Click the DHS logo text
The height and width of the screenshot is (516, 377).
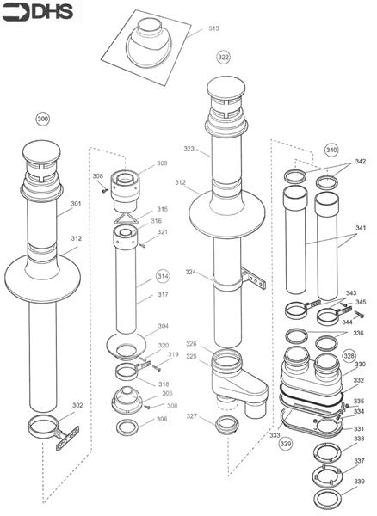[x=32, y=11]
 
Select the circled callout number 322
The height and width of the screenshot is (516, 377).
[x=223, y=57]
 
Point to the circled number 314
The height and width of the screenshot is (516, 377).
[x=162, y=276]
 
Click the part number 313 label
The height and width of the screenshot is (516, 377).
[x=213, y=28]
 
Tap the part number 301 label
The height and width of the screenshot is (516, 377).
[x=76, y=204]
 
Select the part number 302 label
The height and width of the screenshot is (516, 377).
[x=77, y=405]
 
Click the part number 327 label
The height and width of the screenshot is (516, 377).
[x=192, y=416]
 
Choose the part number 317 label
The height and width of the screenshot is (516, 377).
[x=162, y=296]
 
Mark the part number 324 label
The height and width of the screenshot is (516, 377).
[x=191, y=273]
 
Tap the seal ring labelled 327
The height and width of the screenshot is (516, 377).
[x=228, y=423]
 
